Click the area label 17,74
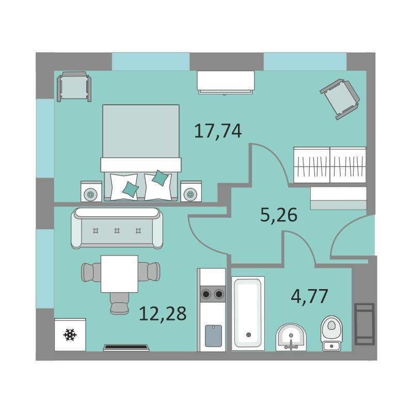coord(218,132)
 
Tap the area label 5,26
coord(279,215)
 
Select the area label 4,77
coord(309,296)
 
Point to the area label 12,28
coord(163,313)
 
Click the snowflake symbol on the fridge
coord(70,335)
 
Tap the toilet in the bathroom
coord(331,333)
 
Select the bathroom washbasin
coord(291,338)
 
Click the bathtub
coord(248,313)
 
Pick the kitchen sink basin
coord(213,336)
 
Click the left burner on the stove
coord(206,294)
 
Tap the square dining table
coord(119,274)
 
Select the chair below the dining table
coord(119,304)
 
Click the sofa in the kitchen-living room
coord(117,228)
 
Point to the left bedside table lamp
coord(90,195)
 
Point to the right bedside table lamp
coord(190,195)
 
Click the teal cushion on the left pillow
coord(131,189)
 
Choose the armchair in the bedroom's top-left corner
coord(74,86)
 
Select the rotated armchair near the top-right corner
coord(340,99)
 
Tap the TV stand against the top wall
coord(226,83)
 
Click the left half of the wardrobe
coord(312,165)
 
